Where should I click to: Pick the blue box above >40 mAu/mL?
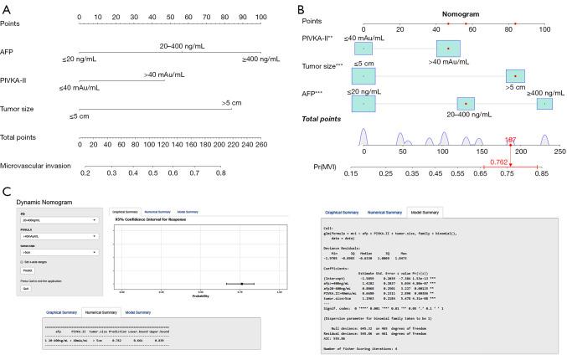(x=448, y=50)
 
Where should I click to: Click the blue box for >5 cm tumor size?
(x=515, y=76)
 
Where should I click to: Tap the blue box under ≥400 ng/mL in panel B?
(x=544, y=104)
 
